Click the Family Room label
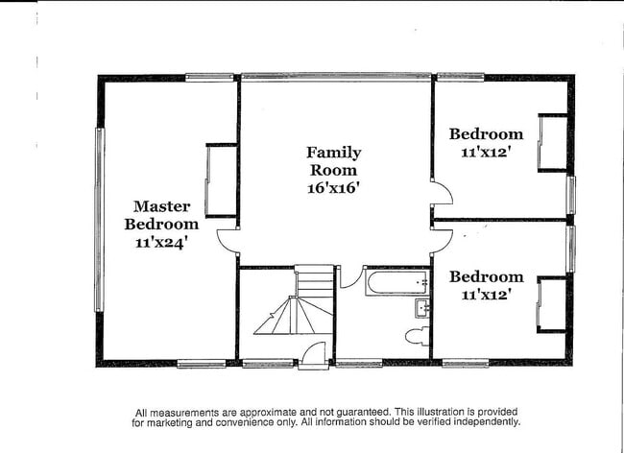coord(334,161)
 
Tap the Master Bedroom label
coord(161,215)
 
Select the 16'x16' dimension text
coord(334,188)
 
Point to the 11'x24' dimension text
coord(161,243)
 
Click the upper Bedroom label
coord(486,134)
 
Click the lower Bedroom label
coord(486,277)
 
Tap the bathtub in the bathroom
coord(396,283)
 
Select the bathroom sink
coord(421,308)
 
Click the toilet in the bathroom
coord(418,336)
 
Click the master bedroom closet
coord(222,180)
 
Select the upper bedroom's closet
coord(552,143)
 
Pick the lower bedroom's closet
coord(551,304)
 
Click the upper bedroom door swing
coord(441,195)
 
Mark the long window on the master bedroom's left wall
coord(99,220)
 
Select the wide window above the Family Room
coord(335,76)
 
